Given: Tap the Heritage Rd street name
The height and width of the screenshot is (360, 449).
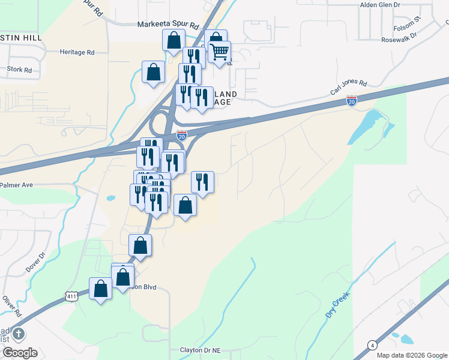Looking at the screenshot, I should (77, 52).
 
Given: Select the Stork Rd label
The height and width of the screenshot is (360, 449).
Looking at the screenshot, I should (19, 70).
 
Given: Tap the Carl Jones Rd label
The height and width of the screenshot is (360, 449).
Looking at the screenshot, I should (348, 88).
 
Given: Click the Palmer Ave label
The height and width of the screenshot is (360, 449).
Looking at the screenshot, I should (16, 185).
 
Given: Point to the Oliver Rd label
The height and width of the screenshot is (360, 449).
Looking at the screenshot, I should (11, 306).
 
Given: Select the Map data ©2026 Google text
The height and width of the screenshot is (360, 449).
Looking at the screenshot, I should (412, 355).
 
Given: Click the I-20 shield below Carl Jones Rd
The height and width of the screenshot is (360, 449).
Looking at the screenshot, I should (352, 100).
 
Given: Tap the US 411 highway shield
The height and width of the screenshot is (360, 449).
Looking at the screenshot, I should (71, 296).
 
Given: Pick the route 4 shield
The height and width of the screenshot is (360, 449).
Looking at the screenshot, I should (372, 345).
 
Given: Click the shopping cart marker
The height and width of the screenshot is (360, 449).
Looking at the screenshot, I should (220, 52).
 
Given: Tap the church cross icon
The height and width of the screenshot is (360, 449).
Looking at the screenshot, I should (18, 333).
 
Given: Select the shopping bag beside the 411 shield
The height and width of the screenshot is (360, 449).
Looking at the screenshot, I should (101, 289).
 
